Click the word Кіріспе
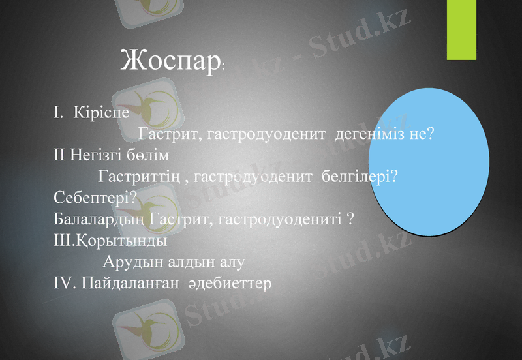pyautogui.click(x=102, y=112)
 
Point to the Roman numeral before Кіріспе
pyautogui.click(x=58, y=112)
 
